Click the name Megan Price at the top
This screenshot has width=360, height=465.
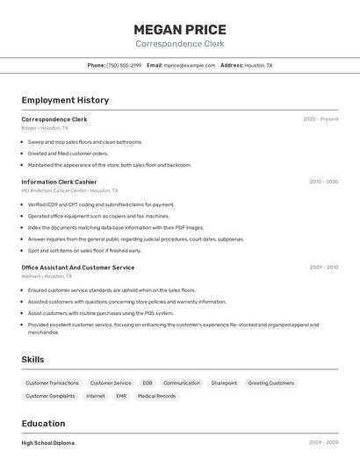[179, 30]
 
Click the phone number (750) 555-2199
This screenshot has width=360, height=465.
[124, 65]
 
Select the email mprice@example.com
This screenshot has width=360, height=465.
[190, 65]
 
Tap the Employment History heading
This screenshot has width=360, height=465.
[65, 100]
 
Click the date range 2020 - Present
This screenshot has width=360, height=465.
[320, 119]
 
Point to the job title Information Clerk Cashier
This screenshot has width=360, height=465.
[59, 182]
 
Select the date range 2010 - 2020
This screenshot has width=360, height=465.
[323, 182]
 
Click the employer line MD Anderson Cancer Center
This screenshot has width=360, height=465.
[69, 190]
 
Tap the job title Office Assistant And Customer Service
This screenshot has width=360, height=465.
[78, 268]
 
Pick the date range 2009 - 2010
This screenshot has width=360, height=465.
[323, 268]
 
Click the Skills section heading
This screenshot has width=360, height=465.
[32, 360]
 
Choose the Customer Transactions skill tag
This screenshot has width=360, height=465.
[52, 383]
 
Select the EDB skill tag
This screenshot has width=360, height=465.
[148, 383]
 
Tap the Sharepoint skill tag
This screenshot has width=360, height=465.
[224, 383]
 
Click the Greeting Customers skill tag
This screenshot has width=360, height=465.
[271, 383]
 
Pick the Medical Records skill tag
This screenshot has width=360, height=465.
[156, 397]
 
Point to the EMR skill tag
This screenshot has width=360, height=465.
[121, 397]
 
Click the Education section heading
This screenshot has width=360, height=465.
[45, 424]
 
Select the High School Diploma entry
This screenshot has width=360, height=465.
[48, 443]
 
